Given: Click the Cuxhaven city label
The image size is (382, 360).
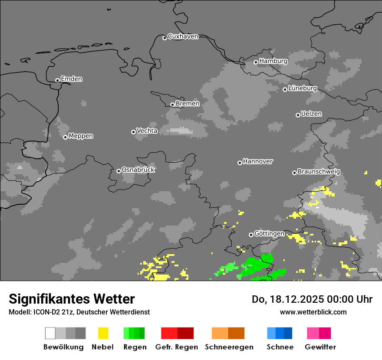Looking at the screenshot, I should [x=183, y=36].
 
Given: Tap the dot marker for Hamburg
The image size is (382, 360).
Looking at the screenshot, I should [x=256, y=62].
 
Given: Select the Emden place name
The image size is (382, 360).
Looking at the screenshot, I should [x=71, y=79].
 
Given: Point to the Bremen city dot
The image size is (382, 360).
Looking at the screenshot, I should [x=172, y=105].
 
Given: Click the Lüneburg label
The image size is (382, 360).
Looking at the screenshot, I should [x=302, y=88].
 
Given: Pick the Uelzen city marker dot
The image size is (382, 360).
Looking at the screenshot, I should [x=298, y=115].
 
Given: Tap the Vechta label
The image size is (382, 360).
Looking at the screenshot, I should [x=147, y=131].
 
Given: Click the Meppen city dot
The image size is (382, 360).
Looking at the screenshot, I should [x=65, y=137].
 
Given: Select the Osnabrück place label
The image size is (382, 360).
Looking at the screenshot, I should [x=138, y=170].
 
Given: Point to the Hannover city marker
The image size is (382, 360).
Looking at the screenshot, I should [x=240, y=163].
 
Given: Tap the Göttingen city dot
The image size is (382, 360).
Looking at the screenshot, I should [x=251, y=235].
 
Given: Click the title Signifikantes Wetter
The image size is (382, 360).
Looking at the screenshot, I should [x=72, y=299].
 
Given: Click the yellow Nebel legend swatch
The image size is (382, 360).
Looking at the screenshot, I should [x=103, y=333].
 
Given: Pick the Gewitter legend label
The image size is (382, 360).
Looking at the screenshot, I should [x=320, y=347].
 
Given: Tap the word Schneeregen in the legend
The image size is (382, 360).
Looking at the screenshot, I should [x=229, y=347].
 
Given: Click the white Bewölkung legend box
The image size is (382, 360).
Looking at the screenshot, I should [x=50, y=333].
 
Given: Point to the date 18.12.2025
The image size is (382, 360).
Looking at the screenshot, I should [x=295, y=299].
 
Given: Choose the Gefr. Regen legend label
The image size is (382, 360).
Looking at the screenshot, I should [x=177, y=347].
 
